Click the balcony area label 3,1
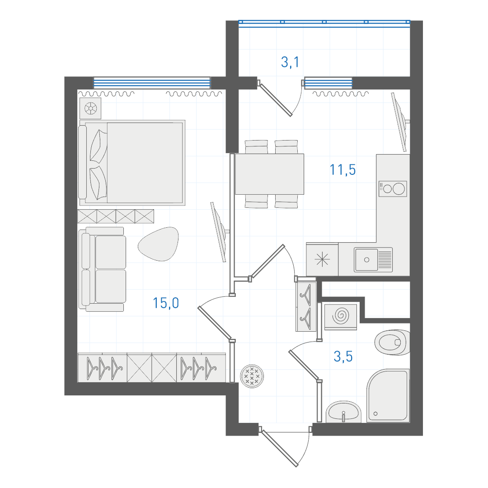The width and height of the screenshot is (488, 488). click(290, 62)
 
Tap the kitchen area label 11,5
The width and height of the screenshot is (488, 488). click(343, 170)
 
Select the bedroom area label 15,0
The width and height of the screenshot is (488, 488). click(166, 303)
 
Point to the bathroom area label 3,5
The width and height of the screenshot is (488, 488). click(343, 357)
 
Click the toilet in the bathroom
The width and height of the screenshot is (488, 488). click(392, 342)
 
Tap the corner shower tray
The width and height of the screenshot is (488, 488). click(388, 395)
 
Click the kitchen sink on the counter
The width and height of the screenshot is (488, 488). click(373, 259)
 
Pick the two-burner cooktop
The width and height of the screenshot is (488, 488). click(393, 188)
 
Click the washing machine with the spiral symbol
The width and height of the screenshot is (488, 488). click(341, 316)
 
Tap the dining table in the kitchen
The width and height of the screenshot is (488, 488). click(269, 174)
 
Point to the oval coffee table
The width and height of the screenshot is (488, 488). click(159, 244)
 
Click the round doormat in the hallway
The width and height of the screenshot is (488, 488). click(252, 376)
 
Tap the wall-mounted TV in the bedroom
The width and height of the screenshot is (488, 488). click(220, 232)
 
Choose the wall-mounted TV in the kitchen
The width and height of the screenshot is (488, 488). click(400, 122)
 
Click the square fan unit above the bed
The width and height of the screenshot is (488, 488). click(90, 108)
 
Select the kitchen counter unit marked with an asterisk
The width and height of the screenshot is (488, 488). click(322, 259)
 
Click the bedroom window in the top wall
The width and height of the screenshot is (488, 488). click(152, 83)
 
